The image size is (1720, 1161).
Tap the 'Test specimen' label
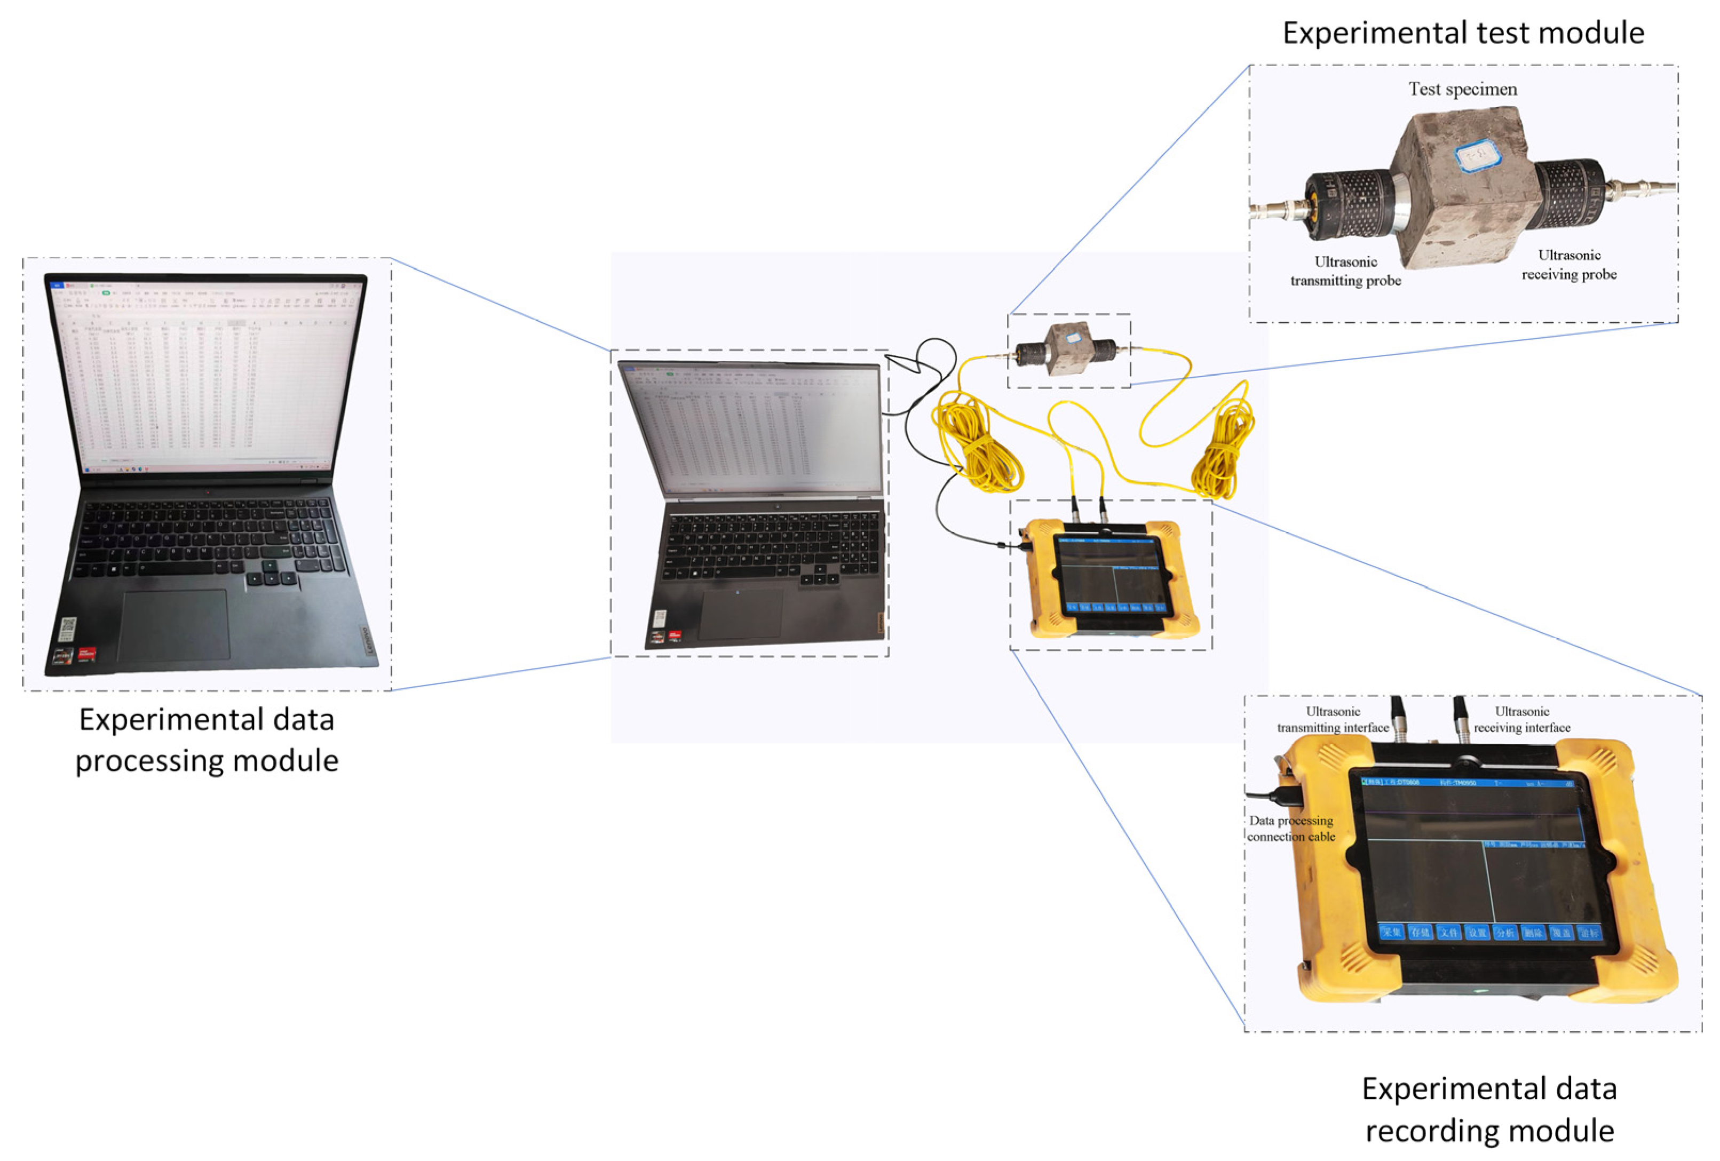[1462, 90]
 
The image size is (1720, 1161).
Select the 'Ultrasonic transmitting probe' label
[1345, 271]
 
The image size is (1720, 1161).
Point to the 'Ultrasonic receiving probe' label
[1568, 264]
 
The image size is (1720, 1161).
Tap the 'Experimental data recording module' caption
[1488, 1109]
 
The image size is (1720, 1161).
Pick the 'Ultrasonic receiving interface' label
[1521, 719]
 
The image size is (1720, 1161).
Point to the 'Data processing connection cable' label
[1291, 828]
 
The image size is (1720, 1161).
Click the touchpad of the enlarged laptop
[174, 624]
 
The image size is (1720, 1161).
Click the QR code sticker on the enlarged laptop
[67, 629]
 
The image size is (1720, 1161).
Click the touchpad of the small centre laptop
[740, 613]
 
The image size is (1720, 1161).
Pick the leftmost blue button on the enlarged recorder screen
[1391, 932]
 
